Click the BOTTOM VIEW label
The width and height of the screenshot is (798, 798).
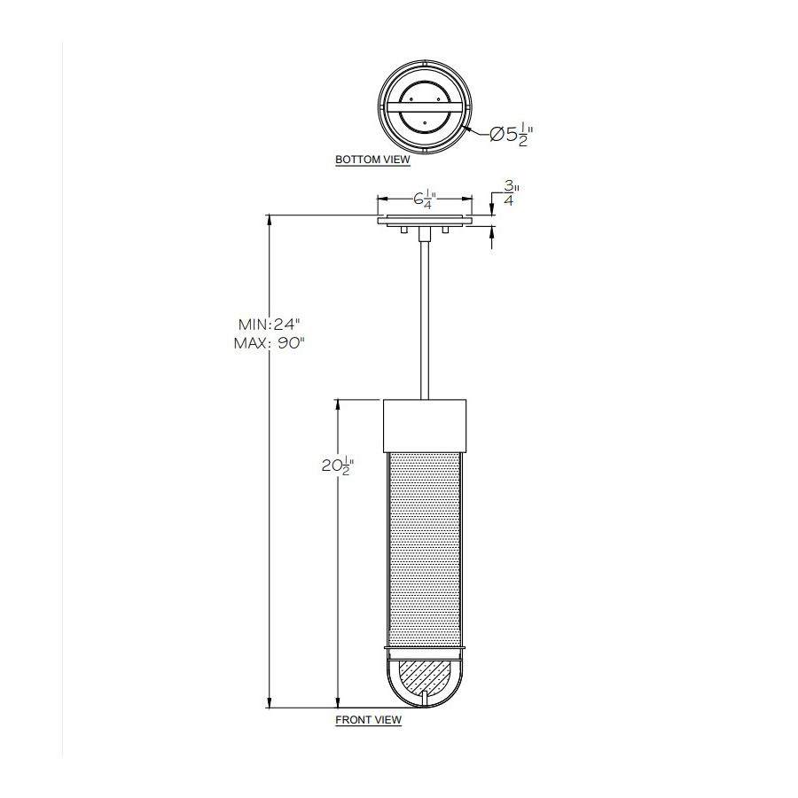tap(372, 160)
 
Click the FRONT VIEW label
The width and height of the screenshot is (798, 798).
tap(369, 720)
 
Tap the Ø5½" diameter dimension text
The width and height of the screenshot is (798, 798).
tap(511, 135)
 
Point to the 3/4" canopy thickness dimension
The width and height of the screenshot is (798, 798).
tap(510, 193)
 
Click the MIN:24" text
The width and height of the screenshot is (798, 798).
tap(270, 325)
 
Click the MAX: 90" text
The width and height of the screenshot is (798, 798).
tap(269, 343)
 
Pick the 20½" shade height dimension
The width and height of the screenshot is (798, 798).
tap(338, 465)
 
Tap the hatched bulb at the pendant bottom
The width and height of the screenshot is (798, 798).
tap(425, 677)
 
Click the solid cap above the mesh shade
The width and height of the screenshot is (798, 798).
tap(425, 426)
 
